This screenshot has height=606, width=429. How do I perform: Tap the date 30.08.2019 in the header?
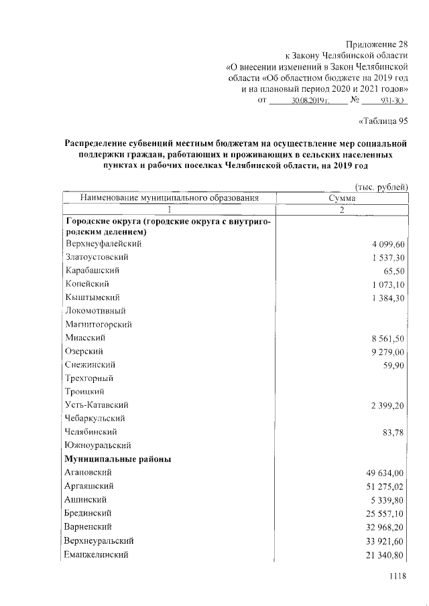coord(308,100)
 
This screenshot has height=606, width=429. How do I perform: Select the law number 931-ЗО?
coord(390,100)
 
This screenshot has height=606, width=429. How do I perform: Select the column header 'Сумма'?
coord(342,198)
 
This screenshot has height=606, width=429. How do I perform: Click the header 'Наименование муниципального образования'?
coord(169,198)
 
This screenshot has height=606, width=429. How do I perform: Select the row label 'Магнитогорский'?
coord(98,324)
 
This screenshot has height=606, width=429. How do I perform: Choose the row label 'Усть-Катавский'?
coord(97,405)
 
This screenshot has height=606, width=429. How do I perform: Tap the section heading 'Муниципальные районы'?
coord(117,459)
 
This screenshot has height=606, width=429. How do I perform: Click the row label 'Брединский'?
coord(88,514)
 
